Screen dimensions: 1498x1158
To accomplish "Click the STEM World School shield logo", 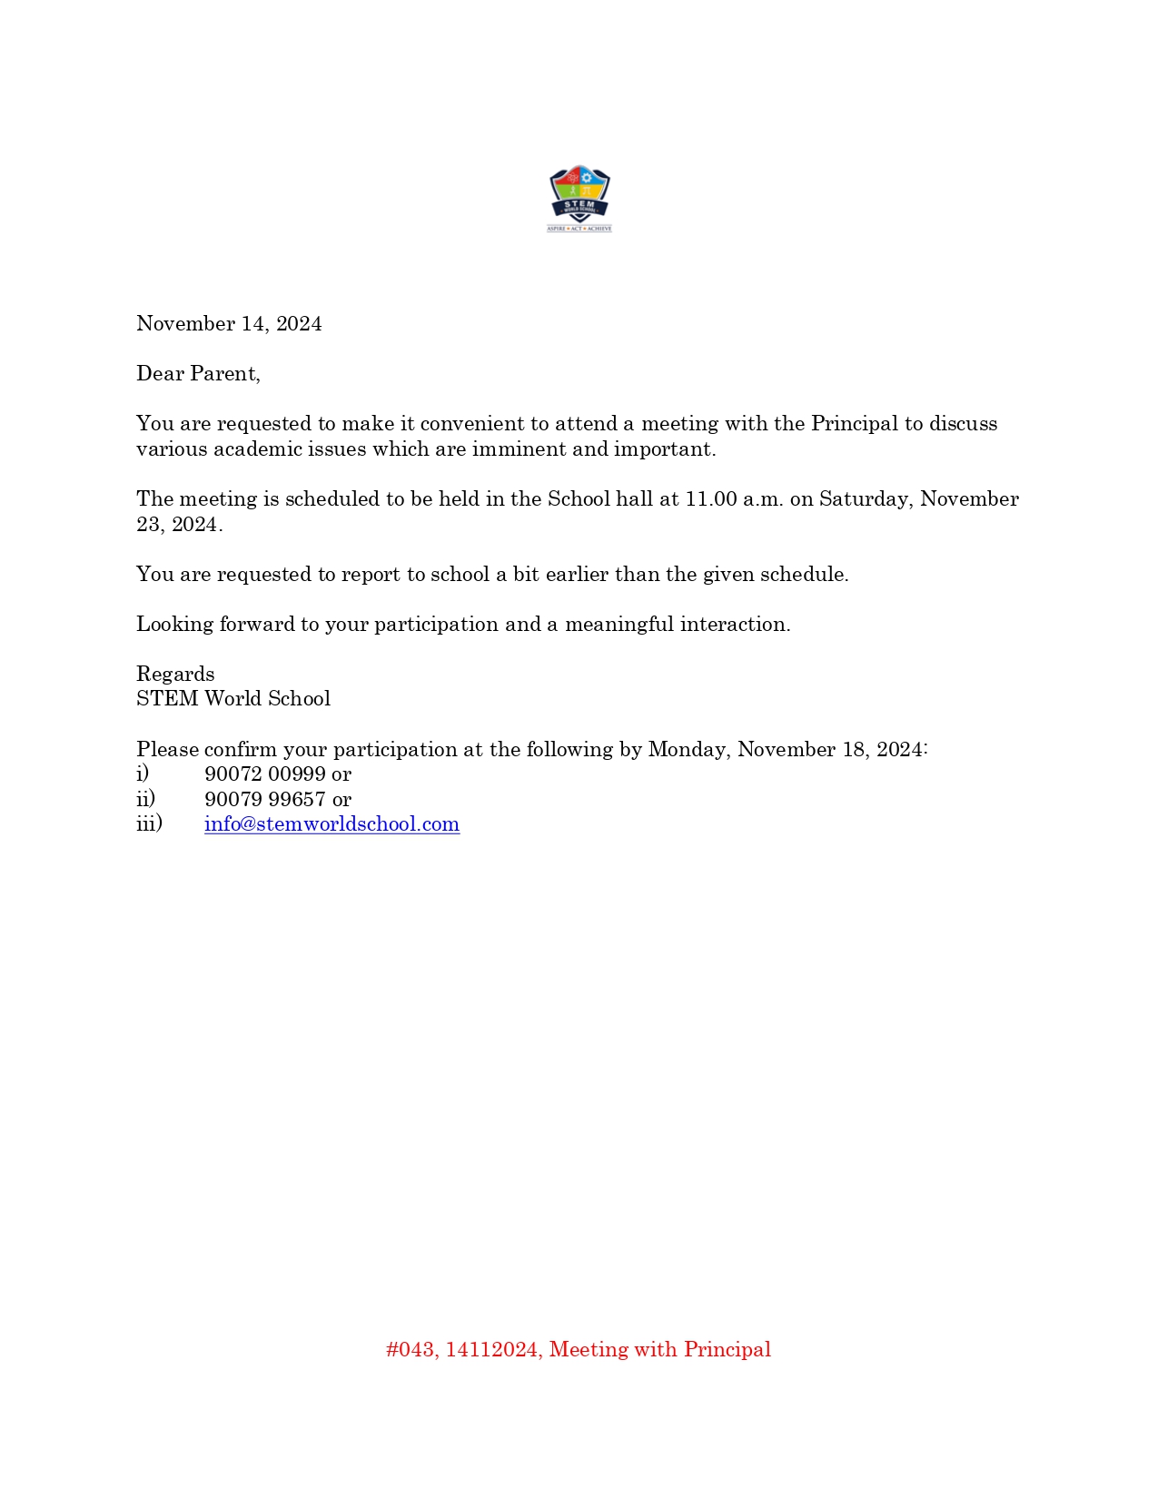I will [579, 198].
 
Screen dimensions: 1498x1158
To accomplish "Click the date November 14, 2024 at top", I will [229, 324].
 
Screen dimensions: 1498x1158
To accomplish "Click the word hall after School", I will [634, 499].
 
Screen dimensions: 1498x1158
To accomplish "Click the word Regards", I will [175, 675].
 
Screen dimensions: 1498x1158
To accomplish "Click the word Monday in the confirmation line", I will [688, 750].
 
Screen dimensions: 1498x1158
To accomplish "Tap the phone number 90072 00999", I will [265, 774].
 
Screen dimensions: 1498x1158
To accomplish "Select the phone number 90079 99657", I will [265, 800].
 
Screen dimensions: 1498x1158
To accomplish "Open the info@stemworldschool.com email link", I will [332, 824].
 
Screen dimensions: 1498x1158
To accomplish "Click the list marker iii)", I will [149, 823].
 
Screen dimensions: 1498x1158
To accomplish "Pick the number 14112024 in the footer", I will [491, 1350].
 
